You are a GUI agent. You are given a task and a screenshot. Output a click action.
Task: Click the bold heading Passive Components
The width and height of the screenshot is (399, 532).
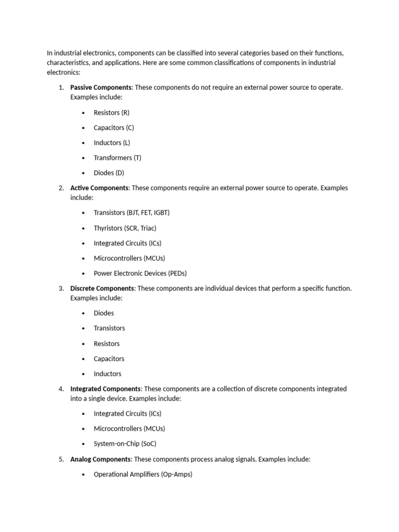point(101,87)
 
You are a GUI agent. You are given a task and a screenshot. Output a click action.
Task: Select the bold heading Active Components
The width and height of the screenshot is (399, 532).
point(99,188)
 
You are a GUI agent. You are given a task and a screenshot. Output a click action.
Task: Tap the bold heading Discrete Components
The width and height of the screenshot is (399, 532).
point(102,288)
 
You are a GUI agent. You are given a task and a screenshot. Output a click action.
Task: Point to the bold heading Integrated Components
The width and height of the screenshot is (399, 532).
point(105,389)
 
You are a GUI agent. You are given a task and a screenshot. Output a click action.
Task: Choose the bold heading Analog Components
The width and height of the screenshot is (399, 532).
point(100,459)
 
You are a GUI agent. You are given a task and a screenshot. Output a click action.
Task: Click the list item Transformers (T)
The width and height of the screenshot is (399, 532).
point(117,157)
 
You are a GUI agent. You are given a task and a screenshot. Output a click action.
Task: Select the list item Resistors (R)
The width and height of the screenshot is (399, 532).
point(112,112)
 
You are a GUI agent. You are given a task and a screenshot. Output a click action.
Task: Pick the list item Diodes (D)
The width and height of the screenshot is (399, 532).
point(109,172)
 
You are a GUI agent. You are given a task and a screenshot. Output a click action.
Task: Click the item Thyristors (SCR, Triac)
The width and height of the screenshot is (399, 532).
point(125,228)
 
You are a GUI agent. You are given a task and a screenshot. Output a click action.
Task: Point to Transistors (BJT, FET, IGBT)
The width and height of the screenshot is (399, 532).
point(131,212)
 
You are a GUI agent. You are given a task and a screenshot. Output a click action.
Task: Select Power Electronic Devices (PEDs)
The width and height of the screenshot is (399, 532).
point(140,273)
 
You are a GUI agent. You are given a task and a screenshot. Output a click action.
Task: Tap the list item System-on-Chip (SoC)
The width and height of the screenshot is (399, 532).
point(125,444)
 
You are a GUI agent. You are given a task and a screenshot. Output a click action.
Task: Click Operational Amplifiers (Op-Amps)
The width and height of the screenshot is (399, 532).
point(143,474)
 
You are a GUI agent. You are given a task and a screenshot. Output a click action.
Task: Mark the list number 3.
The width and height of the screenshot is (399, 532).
point(61,288)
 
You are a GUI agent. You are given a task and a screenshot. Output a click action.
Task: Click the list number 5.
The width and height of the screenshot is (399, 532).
point(61,459)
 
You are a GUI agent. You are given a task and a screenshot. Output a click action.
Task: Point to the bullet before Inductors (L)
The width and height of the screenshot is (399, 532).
point(83,143)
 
